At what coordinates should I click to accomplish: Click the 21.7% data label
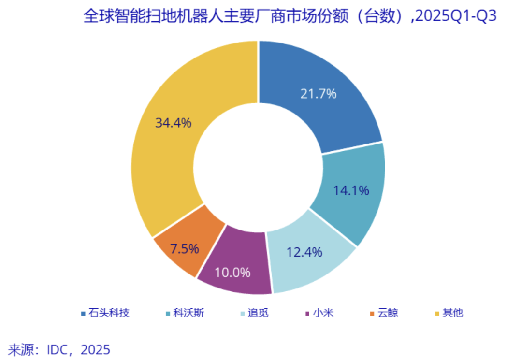pos(318,94)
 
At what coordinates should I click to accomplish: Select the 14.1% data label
pos(351,190)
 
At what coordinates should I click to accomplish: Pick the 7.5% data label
pos(184,249)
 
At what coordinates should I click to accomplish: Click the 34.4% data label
pos(173,123)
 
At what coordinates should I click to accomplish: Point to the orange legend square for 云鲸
pos(371,314)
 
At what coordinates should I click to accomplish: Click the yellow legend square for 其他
pos(436,314)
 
